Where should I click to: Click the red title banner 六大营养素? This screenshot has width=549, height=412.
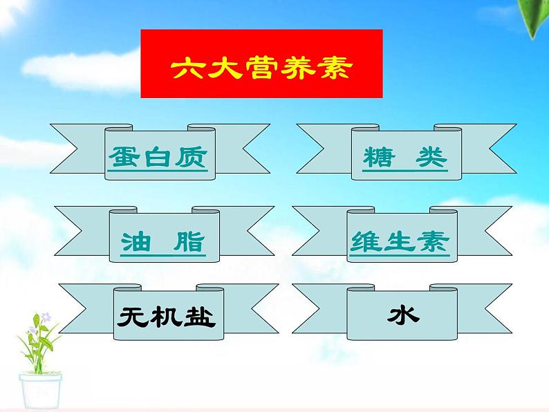coord(261,64)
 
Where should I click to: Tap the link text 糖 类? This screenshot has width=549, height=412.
coord(404,158)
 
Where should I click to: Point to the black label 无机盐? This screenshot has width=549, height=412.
coord(167,317)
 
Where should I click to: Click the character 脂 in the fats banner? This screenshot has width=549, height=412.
coord(190,241)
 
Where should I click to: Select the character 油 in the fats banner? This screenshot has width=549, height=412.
coord(136,241)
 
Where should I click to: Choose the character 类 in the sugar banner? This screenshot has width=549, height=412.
coord(432,158)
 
